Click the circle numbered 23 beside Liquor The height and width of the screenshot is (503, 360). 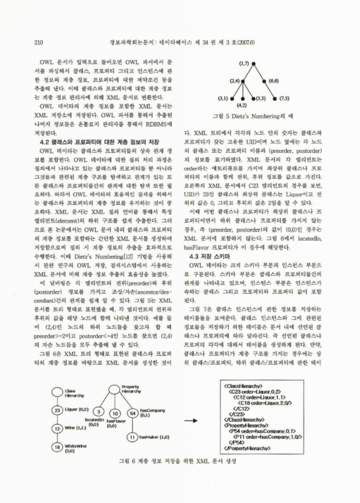55,409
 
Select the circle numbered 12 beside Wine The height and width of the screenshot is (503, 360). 55,429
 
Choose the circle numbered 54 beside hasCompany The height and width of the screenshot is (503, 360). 133,412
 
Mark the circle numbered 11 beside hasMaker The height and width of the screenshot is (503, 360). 133,436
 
